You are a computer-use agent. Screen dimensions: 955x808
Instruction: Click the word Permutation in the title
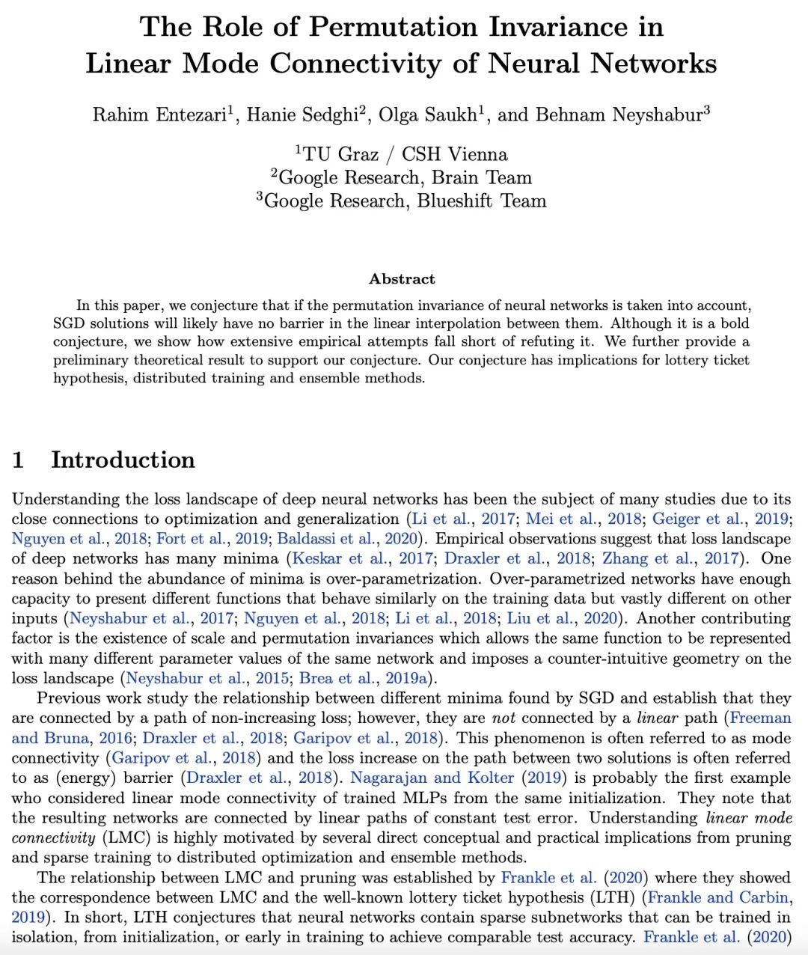(394, 27)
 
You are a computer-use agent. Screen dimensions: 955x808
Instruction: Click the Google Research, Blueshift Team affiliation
(405, 201)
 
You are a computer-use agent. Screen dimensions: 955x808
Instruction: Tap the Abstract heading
(402, 279)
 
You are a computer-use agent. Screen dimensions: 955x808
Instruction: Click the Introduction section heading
(123, 460)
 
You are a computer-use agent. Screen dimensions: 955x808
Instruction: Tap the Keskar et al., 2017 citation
(361, 558)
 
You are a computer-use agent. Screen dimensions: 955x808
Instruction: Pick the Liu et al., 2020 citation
(563, 618)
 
